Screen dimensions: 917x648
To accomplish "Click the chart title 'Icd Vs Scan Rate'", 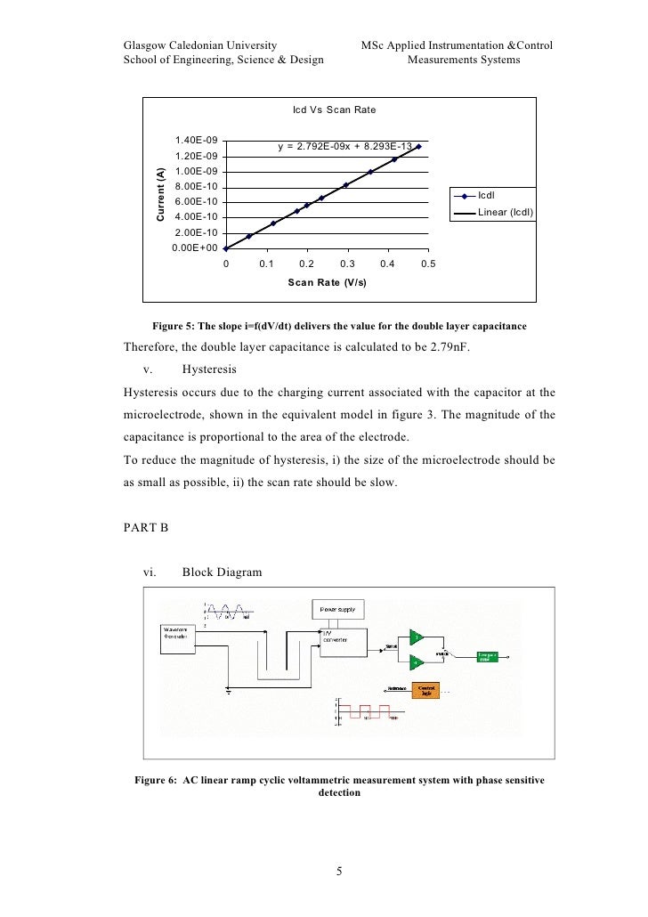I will pos(334,110).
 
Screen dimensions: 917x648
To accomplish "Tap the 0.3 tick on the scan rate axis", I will pos(347,264).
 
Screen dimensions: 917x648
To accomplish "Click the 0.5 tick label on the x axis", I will pos(427,264).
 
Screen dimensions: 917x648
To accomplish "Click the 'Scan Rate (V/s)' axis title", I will pos(327,282).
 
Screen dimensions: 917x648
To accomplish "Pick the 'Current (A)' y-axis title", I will pos(161,194).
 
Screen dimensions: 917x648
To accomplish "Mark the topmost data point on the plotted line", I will pos(418,146).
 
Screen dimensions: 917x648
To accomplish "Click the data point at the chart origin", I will pos(225,248).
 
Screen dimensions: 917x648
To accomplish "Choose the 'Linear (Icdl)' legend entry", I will pos(505,213).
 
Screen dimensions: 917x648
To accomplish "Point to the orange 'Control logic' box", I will pos(429,690).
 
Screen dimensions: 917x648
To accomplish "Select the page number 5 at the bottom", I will pos(339,871).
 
